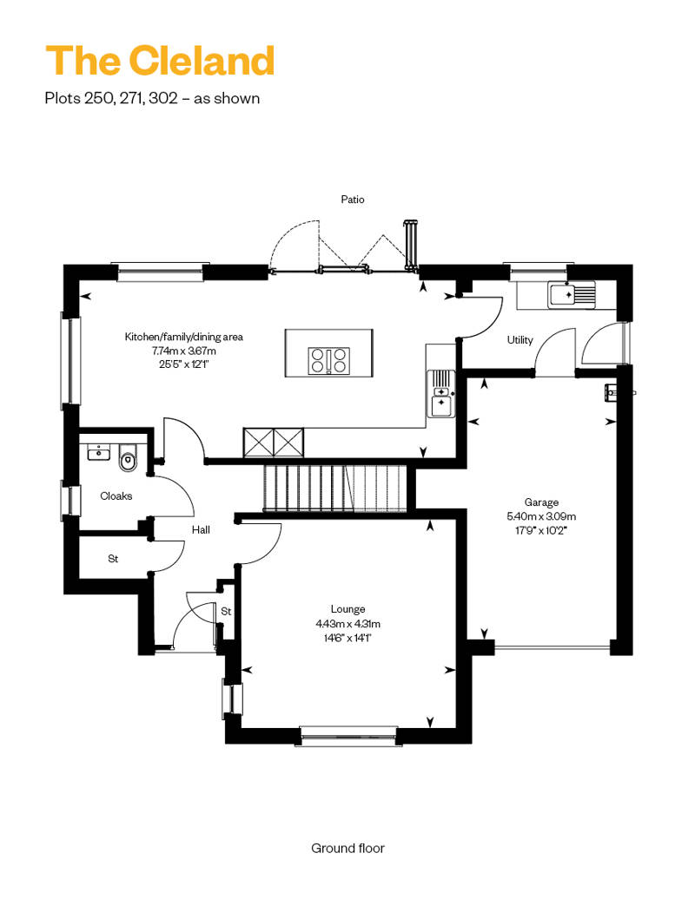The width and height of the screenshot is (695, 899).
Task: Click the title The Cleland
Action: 160,61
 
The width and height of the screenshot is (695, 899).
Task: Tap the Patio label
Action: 353,200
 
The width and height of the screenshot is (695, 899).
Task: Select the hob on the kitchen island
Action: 329,361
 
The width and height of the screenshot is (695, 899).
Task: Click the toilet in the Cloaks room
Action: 128,459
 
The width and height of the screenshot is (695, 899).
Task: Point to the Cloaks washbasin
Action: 99,452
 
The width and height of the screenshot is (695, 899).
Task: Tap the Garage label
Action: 541,502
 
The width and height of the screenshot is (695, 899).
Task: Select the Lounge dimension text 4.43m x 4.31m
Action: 347,624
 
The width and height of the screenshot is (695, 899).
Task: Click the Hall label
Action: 201,529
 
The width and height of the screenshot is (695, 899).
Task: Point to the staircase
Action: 335,488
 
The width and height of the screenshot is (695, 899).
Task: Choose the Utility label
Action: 520,340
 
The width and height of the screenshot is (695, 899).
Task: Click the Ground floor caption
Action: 347,848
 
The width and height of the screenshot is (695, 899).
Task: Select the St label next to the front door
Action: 226,611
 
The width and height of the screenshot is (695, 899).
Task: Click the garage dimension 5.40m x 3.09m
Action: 541,516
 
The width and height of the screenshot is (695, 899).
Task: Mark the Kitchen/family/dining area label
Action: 183,337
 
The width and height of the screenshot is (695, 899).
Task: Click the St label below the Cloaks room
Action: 113,559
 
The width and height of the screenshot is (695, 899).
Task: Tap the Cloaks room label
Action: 116,496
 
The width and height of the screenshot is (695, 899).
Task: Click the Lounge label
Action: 347,609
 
